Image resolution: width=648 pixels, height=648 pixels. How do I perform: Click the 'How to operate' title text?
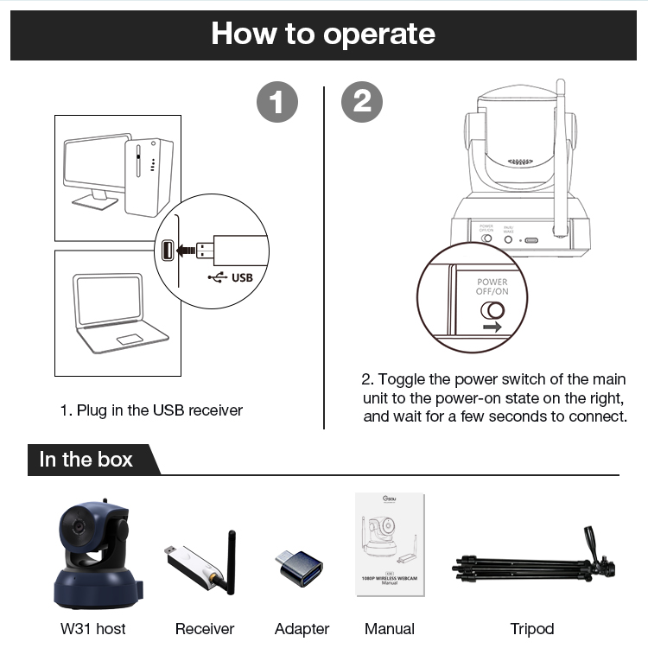323,35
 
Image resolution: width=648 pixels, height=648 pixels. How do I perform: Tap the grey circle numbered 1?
277,103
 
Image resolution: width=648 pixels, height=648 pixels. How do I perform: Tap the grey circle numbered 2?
363,103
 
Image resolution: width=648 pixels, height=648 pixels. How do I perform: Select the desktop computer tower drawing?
148,174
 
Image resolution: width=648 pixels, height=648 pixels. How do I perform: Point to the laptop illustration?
118,312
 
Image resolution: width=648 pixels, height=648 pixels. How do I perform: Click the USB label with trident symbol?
231,278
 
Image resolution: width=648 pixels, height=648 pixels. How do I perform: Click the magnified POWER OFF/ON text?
492,287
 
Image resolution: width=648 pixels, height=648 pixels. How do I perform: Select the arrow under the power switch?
492,328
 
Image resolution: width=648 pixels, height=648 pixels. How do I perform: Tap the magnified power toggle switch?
492,310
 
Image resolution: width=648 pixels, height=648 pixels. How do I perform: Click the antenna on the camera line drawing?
561,156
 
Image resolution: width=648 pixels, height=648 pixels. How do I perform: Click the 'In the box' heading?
86,460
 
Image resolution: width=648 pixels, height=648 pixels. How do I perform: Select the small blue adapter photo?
300,568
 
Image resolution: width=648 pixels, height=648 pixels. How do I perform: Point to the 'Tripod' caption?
531,629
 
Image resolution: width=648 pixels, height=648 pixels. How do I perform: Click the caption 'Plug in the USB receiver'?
151,410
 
